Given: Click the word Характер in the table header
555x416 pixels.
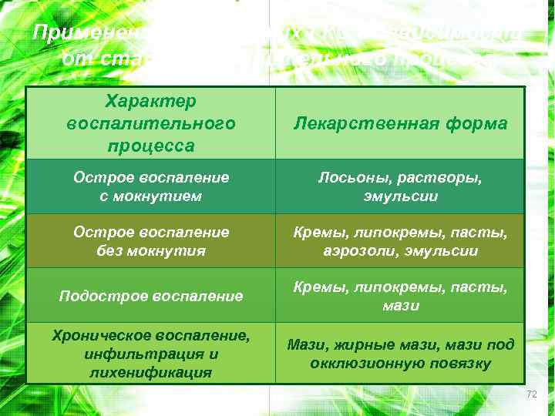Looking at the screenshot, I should coord(151,102).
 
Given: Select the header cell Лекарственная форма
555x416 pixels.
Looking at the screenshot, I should coord(400,123).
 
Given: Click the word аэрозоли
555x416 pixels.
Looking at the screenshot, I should coord(358,250).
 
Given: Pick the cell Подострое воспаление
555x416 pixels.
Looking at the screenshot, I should coord(151,296).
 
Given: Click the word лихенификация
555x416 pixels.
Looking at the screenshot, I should coord(151,373).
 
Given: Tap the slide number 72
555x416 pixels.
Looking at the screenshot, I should coord(530,394).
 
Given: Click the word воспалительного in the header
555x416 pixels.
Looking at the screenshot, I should coord(151,123).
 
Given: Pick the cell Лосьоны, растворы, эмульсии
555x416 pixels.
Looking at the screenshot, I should coord(400,187).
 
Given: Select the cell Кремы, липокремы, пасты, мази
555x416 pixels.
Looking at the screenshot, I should coord(400,296).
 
